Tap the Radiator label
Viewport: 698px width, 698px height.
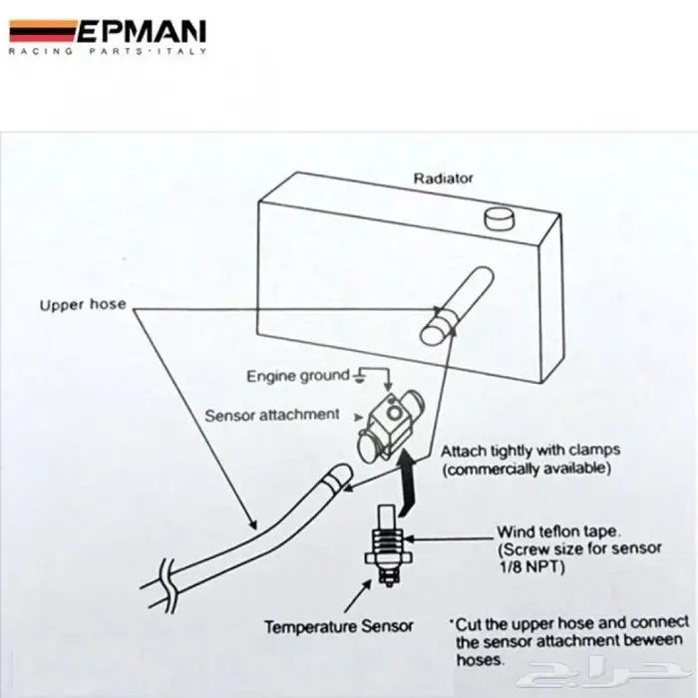tap(444, 179)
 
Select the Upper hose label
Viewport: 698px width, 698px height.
tap(83, 304)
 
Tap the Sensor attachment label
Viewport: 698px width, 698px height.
tap(272, 414)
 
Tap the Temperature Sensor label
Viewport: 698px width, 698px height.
tap(338, 627)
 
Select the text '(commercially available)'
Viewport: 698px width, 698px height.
tap(524, 468)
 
